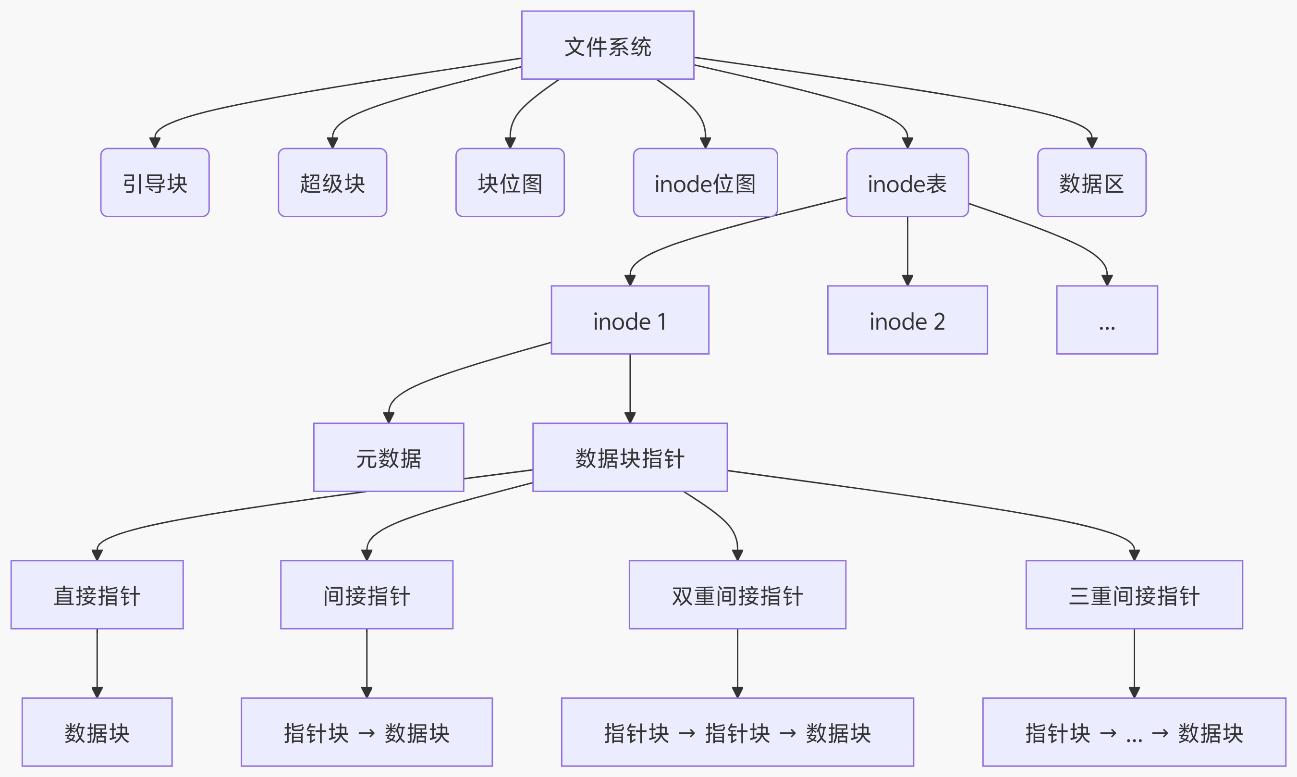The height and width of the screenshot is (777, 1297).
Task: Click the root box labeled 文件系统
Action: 607,46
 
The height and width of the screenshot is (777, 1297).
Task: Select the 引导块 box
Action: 155,183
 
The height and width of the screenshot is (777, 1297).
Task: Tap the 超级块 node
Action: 332,183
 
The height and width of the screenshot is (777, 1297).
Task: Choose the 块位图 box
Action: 510,183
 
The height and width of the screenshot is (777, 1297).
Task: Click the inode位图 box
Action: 705,183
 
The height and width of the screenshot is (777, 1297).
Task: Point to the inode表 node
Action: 907,183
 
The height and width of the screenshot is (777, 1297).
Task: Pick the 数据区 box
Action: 1091,183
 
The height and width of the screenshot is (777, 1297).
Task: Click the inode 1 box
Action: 630,320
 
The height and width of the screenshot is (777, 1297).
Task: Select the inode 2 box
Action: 907,320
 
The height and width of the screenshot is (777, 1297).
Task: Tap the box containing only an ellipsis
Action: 1106,320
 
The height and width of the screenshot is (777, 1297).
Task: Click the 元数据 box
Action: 388,457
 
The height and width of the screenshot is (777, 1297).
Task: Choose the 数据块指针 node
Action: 630,457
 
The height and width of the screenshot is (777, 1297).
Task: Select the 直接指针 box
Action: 97,595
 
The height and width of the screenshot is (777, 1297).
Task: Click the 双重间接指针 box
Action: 737,595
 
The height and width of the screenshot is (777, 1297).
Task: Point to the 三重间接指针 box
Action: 1134,595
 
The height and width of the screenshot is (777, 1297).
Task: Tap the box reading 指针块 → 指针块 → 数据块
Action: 737,732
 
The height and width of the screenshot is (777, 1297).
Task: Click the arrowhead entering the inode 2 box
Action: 907,280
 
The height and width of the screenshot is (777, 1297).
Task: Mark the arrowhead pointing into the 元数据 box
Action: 388,417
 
